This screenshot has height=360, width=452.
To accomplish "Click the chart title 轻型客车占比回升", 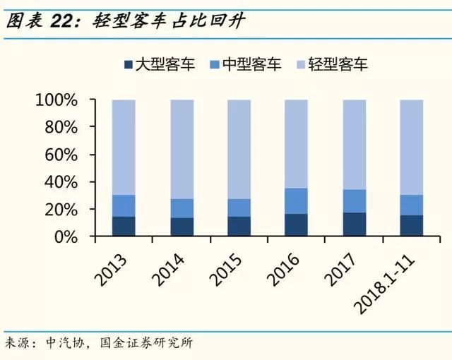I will [169, 21].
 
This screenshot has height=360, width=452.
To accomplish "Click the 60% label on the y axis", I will [59, 155].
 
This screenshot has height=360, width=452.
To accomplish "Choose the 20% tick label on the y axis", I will [59, 210].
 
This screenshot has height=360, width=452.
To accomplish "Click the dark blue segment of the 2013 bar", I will [124, 227].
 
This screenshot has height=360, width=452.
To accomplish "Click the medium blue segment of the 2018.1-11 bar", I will [411, 205].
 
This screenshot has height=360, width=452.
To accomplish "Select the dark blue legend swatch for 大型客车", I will [128, 65].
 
